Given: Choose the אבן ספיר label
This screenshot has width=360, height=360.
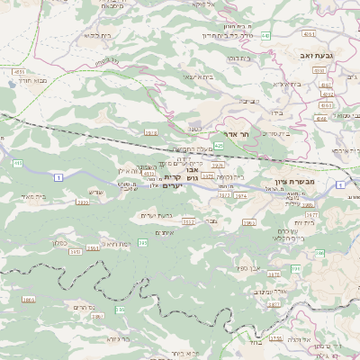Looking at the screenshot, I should (248, 268).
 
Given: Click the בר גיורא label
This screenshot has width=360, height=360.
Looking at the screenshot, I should (117, 338).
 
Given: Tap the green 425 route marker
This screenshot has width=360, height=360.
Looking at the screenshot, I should (218, 145).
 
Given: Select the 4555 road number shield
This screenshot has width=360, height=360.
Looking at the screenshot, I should (19, 69).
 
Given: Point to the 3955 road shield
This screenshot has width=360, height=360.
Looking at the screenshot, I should (83, 202).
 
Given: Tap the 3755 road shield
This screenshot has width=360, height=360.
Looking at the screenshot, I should (276, 337).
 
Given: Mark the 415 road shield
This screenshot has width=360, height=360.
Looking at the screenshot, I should (17, 163).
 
